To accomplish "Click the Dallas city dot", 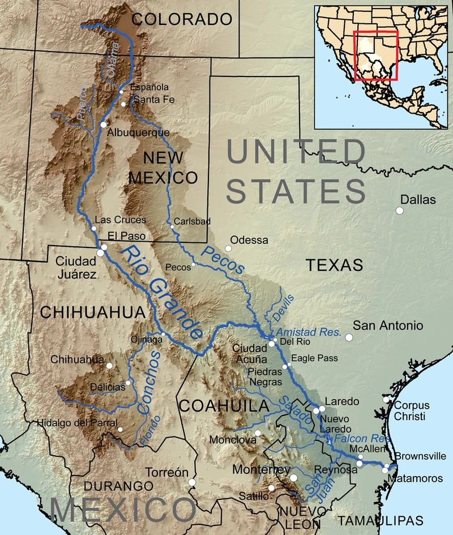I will [400, 211].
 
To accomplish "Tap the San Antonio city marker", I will [349, 337].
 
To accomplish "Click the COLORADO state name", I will [182, 20].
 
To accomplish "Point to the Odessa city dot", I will [229, 248].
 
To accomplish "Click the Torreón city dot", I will [192, 482].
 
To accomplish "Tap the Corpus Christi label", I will [412, 410].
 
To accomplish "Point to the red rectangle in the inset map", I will [375, 55].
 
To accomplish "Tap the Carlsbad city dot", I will [172, 227].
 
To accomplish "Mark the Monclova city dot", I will [257, 434].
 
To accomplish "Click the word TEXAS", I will [334, 264].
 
